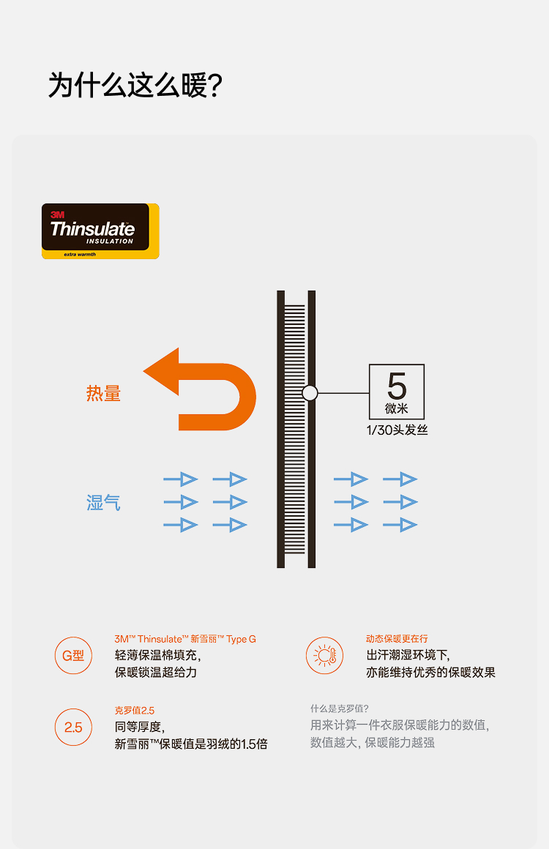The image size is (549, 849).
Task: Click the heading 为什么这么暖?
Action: point(135,86)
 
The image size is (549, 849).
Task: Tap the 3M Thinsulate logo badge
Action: point(100,231)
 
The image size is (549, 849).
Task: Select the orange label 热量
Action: point(103,394)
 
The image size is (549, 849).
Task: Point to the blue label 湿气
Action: point(103,503)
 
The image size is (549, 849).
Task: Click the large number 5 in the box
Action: point(397,386)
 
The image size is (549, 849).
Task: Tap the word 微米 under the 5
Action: point(397,408)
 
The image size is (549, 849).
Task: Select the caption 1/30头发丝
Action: point(397,430)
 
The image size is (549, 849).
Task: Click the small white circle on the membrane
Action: point(310,393)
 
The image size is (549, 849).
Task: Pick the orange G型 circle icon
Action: point(73,656)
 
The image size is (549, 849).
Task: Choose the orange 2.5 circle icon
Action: point(73,728)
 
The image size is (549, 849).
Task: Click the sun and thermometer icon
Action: point(324,656)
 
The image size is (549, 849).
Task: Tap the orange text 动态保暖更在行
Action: point(397,639)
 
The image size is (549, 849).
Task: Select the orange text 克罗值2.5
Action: point(135,710)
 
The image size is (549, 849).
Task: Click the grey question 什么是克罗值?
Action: point(340,708)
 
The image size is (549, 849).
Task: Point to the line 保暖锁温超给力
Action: point(156,672)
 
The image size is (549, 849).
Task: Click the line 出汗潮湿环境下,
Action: point(408,655)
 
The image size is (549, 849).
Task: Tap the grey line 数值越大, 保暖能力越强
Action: point(373,743)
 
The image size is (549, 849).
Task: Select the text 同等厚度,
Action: point(140,727)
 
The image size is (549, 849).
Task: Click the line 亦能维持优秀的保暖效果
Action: point(430,672)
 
